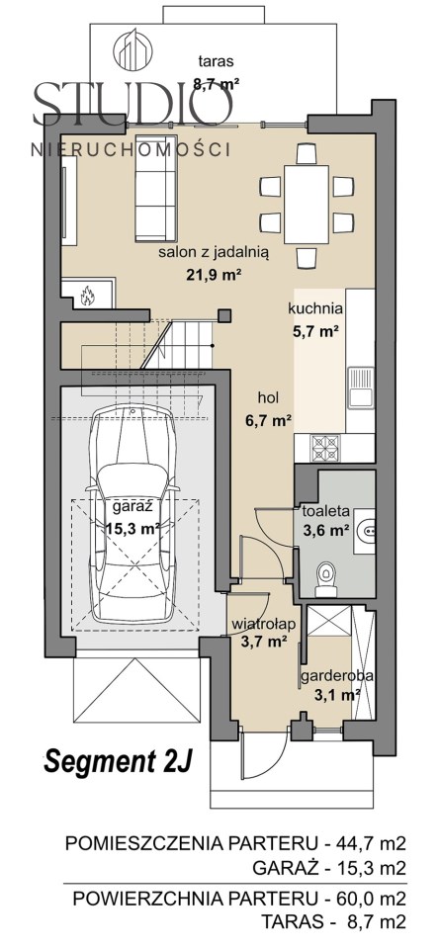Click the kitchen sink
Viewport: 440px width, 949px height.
click(361, 387)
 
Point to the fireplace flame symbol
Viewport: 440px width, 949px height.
click(88, 296)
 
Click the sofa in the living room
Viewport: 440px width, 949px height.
click(155, 188)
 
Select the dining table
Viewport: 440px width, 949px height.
click(307, 205)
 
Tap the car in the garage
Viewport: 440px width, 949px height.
click(133, 514)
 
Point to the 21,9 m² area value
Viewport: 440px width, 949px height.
click(214, 274)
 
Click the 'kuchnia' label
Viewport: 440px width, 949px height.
click(316, 308)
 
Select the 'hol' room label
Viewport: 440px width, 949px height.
click(268, 398)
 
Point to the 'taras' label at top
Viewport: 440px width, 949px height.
click(217, 60)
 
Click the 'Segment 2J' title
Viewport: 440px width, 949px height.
click(118, 761)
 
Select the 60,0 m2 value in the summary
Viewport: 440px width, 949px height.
click(371, 899)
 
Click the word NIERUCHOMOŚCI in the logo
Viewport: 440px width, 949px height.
click(131, 149)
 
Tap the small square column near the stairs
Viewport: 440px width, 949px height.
click(224, 315)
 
